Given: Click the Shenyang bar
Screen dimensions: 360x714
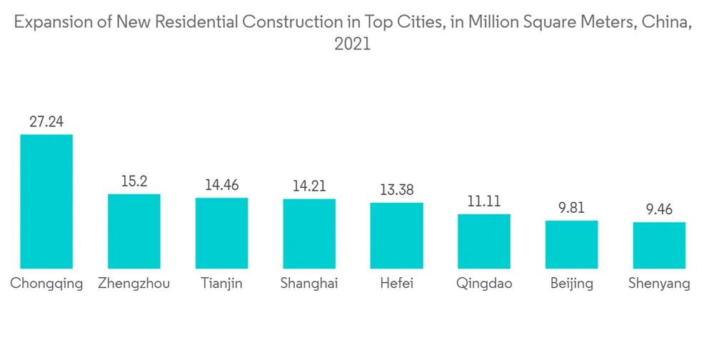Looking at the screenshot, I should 659,245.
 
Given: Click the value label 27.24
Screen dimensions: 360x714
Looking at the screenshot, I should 46,121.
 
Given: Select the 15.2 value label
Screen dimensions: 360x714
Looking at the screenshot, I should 134,181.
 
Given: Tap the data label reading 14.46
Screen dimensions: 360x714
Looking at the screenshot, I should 221,185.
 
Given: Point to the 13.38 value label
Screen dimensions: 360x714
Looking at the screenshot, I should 396,190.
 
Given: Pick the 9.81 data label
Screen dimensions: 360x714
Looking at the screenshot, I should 571,208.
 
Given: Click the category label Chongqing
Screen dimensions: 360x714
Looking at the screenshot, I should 46,284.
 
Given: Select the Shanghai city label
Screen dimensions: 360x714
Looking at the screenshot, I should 309,284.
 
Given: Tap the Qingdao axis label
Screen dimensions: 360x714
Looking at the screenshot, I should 484,284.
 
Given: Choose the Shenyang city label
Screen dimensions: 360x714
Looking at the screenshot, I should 659,284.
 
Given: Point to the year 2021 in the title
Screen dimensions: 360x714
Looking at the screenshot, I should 353,44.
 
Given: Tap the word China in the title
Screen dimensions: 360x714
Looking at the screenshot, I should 665,23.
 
